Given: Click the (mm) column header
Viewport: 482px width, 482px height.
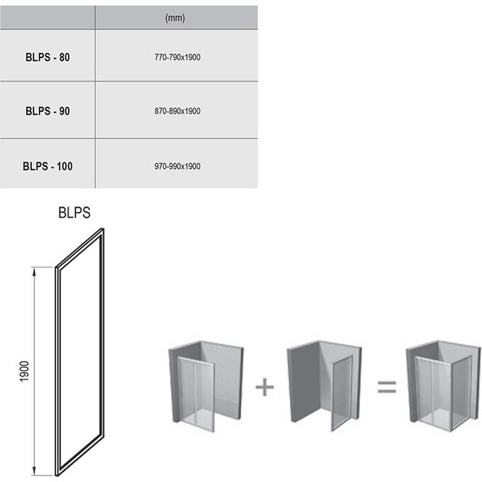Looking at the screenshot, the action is tap(175, 18).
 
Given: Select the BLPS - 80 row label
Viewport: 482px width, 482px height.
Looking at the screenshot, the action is tap(47, 57).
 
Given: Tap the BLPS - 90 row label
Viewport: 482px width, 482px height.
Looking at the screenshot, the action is tap(47, 111).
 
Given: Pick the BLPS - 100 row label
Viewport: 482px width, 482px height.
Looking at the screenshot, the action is tap(47, 167).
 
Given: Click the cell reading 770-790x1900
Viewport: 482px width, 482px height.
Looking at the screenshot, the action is tap(177, 57).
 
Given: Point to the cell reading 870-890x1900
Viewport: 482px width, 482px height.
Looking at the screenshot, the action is tap(177, 111).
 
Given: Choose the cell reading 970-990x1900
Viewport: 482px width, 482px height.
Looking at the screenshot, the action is tap(177, 167).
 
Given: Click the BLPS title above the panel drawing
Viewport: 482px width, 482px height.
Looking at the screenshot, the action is tap(74, 213).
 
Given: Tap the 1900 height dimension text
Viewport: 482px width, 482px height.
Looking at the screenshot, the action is tap(24, 371).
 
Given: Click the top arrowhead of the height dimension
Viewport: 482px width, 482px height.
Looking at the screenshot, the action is tap(34, 271).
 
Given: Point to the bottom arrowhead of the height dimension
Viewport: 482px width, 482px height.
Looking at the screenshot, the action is tap(34, 471).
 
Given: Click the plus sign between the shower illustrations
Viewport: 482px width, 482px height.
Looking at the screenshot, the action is tap(264, 387).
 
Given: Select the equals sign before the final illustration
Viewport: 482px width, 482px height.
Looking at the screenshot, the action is tap(387, 387).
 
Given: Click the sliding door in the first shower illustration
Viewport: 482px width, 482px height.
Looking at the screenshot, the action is tap(196, 394).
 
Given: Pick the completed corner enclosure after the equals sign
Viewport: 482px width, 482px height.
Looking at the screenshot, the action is tap(443, 386).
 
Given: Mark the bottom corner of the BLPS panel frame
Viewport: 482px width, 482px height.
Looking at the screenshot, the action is tap(57, 476).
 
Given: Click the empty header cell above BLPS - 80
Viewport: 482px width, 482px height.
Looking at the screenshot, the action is tap(47, 18).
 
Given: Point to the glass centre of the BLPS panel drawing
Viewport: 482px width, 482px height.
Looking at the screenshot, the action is tap(80, 352).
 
